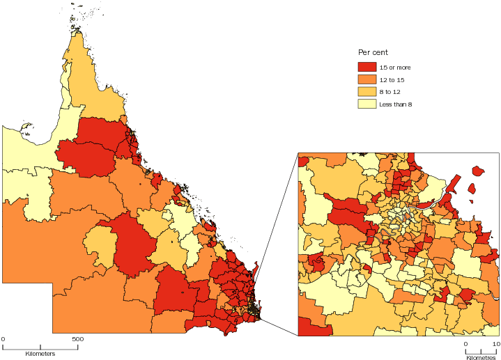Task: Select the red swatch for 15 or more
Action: tap(367, 67)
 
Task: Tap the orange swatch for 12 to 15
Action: tap(367, 79)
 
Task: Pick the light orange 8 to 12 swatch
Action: tap(367, 92)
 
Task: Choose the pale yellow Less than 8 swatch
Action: tap(367, 104)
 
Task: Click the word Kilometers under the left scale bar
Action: tap(40, 354)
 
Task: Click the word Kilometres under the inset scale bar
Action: tap(481, 356)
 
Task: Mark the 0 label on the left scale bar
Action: tap(3, 340)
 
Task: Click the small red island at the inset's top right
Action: tap(477, 171)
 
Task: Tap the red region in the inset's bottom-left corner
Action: tap(312, 327)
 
